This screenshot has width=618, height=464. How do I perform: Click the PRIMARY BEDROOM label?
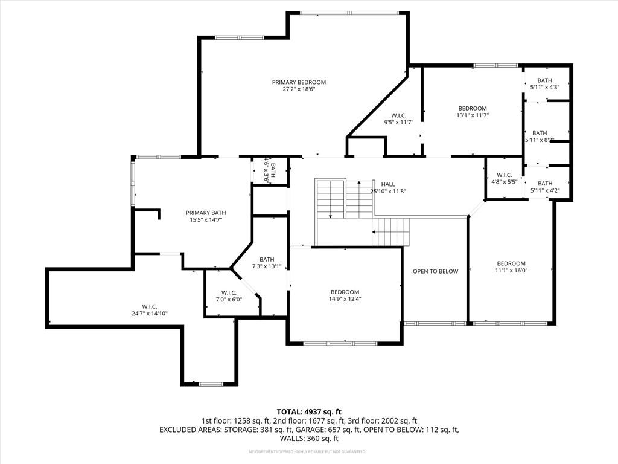(x=299, y=82)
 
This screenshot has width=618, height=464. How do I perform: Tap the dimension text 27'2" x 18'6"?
(x=299, y=89)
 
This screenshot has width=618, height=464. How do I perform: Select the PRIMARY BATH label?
(x=206, y=213)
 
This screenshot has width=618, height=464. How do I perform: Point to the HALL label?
(x=387, y=184)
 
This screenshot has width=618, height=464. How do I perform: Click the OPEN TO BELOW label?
(x=435, y=271)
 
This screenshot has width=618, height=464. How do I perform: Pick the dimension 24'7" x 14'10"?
(x=150, y=314)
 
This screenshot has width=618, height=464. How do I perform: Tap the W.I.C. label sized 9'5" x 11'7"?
(x=398, y=115)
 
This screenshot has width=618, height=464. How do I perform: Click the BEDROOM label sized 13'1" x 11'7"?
(x=472, y=108)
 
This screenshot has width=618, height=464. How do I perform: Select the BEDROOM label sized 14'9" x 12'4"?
(x=345, y=292)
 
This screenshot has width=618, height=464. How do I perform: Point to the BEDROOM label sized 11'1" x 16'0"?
(x=511, y=263)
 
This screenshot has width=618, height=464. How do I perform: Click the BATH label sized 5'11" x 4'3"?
(x=545, y=80)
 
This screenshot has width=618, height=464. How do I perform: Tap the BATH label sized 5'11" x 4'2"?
(x=545, y=184)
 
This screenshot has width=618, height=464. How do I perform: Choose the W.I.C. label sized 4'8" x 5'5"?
(x=505, y=175)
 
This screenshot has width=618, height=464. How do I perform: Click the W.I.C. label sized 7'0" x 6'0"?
(x=229, y=292)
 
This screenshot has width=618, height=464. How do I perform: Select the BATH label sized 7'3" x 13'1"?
(x=267, y=260)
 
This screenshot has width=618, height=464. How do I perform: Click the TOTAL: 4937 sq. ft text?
(x=308, y=411)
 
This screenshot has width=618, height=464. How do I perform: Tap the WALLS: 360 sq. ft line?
(x=308, y=439)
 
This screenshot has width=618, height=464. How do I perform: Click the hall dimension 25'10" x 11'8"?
(x=387, y=192)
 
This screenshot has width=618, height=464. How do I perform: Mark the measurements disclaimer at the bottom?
(x=308, y=452)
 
